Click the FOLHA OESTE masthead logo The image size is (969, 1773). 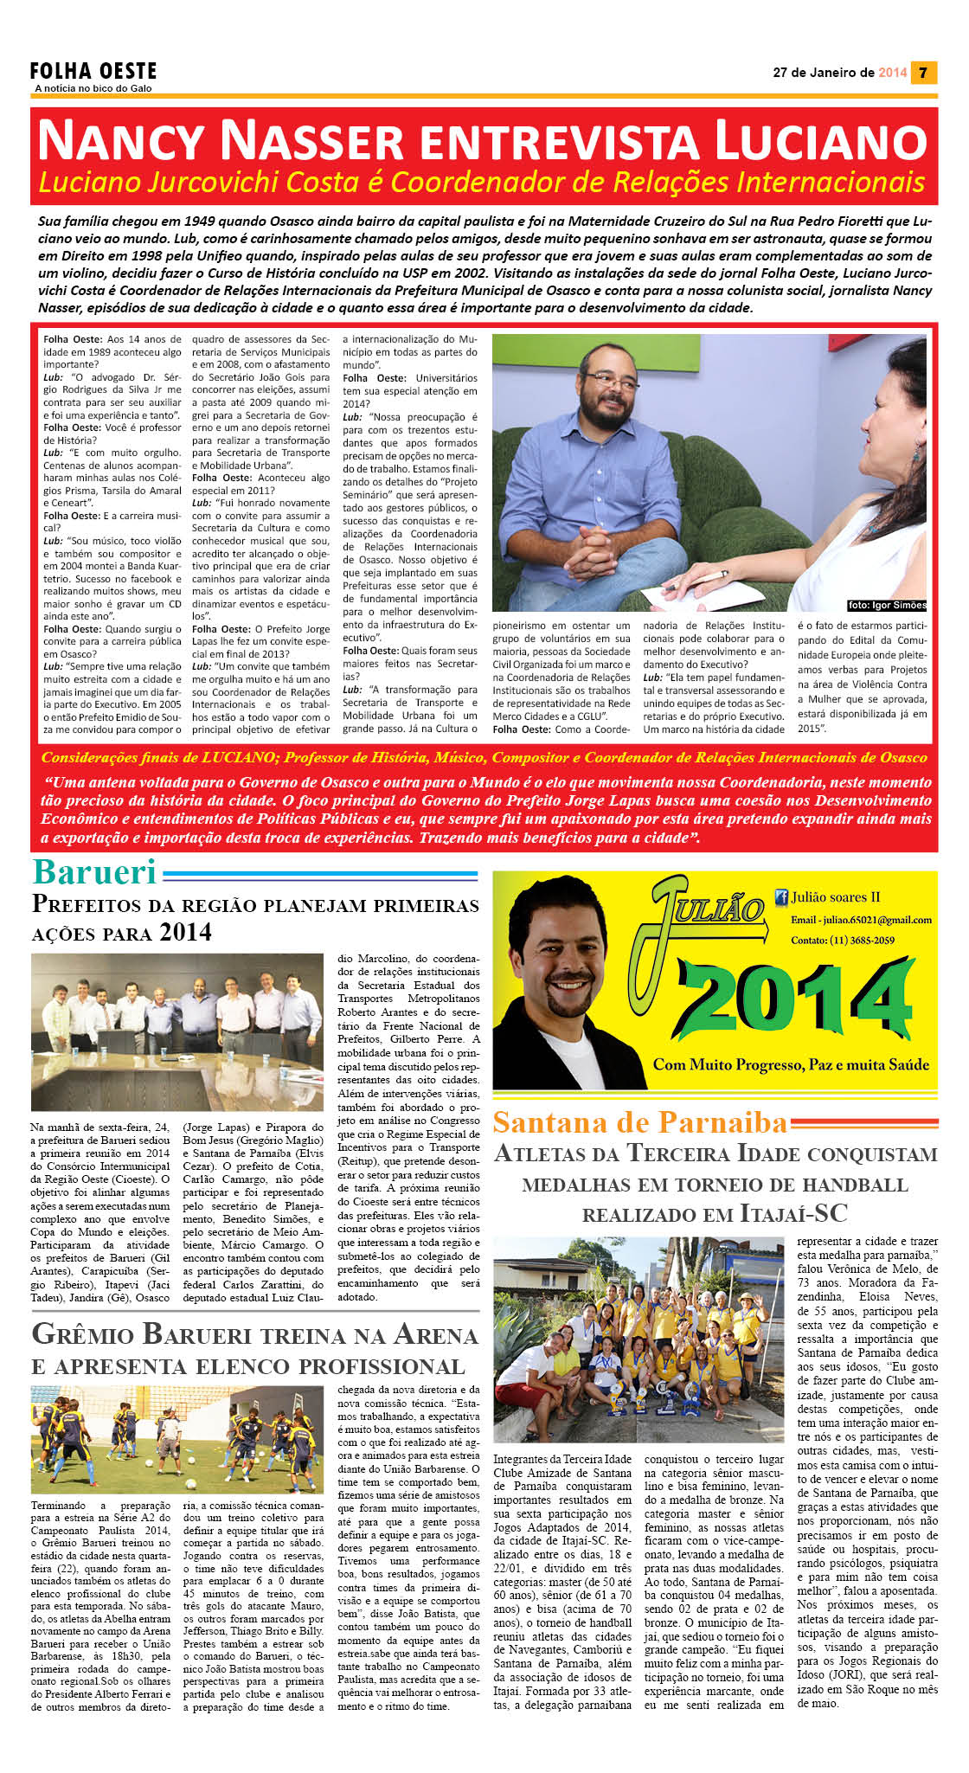(93, 70)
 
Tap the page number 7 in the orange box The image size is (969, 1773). (923, 73)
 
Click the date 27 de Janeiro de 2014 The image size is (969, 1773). (839, 73)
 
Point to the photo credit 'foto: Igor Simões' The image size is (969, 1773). (887, 605)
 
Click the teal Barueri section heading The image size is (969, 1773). (94, 872)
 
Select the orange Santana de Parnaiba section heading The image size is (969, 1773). (640, 1122)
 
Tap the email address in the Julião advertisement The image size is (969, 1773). (861, 920)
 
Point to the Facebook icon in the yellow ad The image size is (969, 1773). (780, 897)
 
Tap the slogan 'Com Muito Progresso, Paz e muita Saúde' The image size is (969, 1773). (791, 1064)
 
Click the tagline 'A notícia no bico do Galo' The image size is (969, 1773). (93, 88)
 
